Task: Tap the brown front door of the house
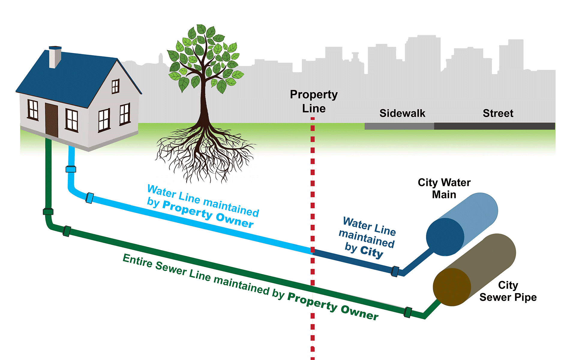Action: pos(51,120)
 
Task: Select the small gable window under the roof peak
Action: pos(115,86)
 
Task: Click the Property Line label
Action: pos(314,101)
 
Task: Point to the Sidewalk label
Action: pos(402,113)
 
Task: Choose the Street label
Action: pos(498,113)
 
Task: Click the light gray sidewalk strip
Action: pos(399,126)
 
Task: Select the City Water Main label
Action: pos(444,188)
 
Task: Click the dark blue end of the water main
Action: pos(445,237)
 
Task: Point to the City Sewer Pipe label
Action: pos(508,291)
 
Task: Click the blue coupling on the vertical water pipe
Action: pos(71,169)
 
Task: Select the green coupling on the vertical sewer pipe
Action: pos(48,212)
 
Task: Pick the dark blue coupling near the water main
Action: pos(395,271)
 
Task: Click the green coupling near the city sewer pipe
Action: pos(408,312)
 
